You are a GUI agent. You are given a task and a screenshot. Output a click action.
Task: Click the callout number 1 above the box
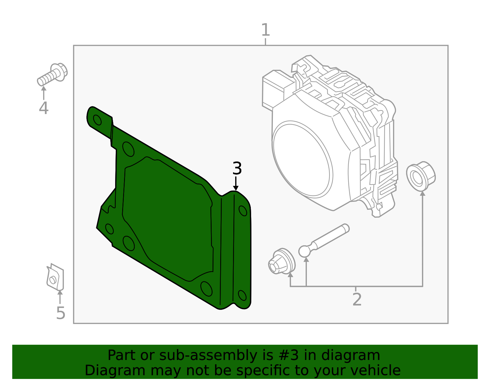[265, 30]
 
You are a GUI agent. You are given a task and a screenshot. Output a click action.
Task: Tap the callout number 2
[357, 300]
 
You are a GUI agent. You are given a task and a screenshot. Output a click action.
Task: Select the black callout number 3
[237, 169]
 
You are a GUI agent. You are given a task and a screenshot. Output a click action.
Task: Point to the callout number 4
[43, 108]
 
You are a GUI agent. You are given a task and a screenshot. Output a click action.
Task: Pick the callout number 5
[61, 313]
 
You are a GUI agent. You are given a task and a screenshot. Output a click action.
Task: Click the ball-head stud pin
[323, 240]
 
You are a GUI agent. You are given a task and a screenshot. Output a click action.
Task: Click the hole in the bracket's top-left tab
[97, 120]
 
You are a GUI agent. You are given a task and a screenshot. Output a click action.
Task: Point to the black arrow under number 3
[236, 185]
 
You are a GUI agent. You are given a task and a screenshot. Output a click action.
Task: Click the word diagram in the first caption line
[357, 355]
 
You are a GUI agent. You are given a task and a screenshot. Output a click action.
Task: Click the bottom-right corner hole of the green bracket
[242, 295]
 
